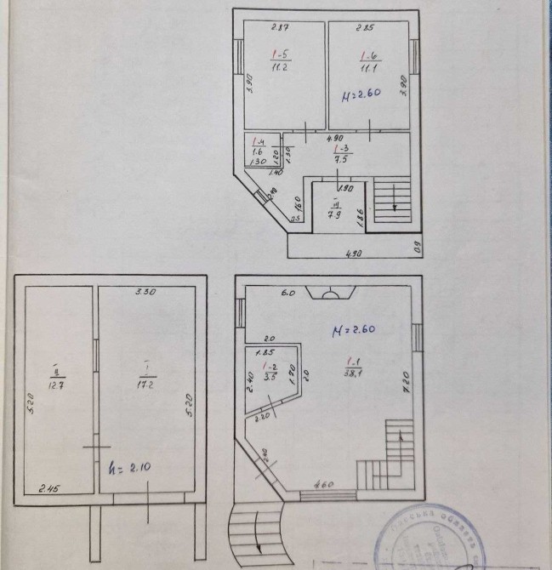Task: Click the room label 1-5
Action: click(x=279, y=57)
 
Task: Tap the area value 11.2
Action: click(x=278, y=69)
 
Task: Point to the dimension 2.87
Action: click(x=277, y=29)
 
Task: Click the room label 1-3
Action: click(x=339, y=147)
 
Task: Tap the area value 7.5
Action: click(x=339, y=157)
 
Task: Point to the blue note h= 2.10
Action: click(x=128, y=468)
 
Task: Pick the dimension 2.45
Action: click(x=46, y=488)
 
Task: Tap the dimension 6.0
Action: click(x=288, y=292)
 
